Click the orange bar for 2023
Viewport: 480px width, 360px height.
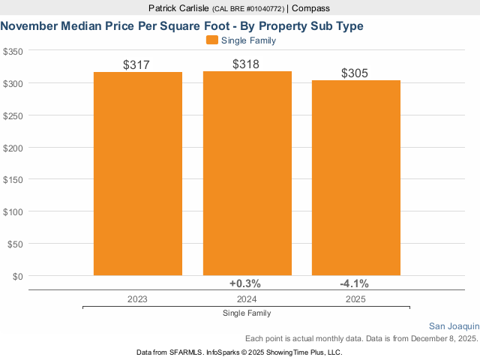pos(138,174)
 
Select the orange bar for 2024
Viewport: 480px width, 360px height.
pos(247,174)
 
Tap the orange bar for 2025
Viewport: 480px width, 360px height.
pos(356,178)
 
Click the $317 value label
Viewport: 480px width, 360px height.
pos(137,65)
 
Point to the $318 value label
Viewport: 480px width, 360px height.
pos(246,64)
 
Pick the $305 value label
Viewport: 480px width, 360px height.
pos(355,73)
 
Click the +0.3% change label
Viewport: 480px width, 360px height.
pos(244,283)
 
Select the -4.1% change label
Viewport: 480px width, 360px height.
pos(354,283)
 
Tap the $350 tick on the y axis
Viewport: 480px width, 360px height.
pos(13,51)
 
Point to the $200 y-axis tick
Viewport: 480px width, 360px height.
pos(13,148)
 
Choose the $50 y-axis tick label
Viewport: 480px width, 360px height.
pos(16,244)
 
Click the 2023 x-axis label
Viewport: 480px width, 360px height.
pos(137,298)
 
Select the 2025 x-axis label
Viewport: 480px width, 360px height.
pos(355,298)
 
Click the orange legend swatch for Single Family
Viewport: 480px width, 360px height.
pos(211,40)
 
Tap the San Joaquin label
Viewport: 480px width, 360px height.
pos(454,326)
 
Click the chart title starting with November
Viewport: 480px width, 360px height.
pos(182,25)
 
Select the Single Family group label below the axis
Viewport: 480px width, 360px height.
pos(247,313)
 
